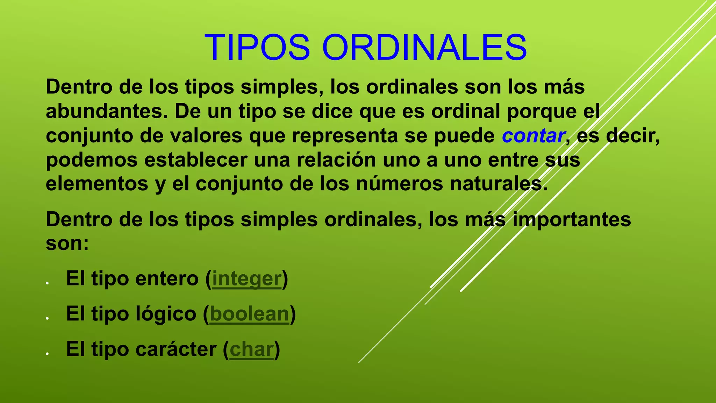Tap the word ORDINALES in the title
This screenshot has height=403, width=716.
pyautogui.click(x=424, y=48)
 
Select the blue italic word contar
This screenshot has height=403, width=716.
pyautogui.click(x=534, y=136)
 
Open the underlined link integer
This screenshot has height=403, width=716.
pyautogui.click(x=247, y=279)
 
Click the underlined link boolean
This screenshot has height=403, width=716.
pyautogui.click(x=250, y=314)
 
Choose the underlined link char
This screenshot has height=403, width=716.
pyautogui.click(x=251, y=349)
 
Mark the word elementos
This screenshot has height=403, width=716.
pyautogui.click(x=97, y=184)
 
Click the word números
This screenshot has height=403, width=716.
pyautogui.click(x=399, y=184)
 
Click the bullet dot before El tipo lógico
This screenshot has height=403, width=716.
pyautogui.click(x=47, y=318)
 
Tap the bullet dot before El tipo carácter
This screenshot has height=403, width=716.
pyautogui.click(x=47, y=353)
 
